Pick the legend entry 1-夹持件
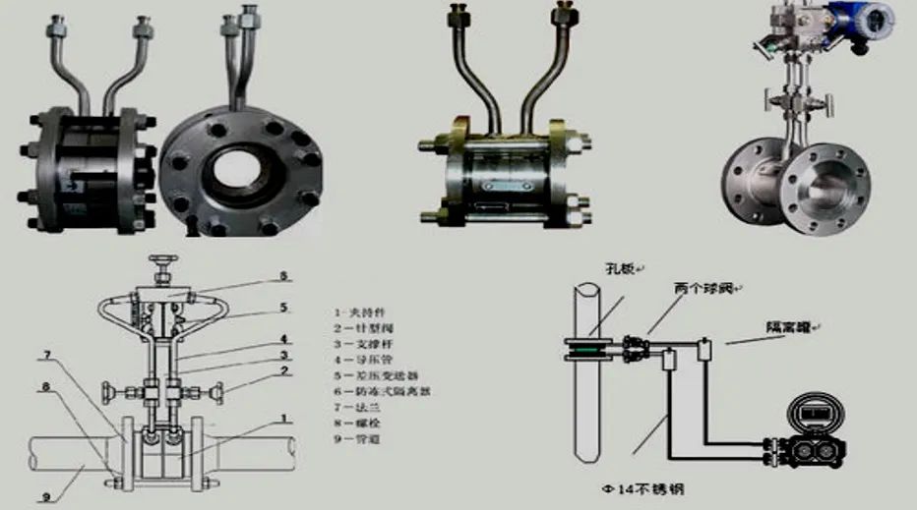355,312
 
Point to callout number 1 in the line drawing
285,418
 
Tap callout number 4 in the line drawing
284,339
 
